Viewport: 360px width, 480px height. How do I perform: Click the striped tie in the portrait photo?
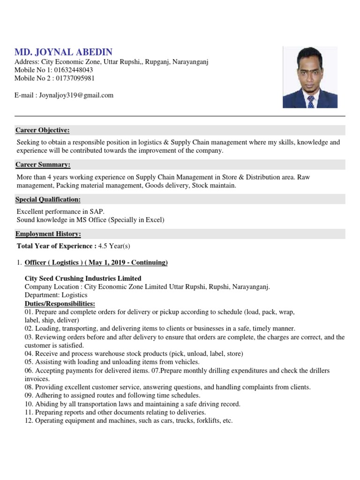pos(310,102)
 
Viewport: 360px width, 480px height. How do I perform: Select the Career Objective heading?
pos(43,130)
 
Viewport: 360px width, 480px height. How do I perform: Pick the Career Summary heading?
pos(43,165)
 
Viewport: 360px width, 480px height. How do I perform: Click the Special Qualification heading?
pos(48,199)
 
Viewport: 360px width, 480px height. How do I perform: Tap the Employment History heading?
pos(48,233)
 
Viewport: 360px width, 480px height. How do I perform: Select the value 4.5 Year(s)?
pos(115,246)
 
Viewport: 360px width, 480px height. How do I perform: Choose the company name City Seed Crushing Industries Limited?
pos(83,278)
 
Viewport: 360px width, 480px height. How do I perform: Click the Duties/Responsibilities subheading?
pos(60,304)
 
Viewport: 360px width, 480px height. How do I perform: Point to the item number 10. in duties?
pos(29,404)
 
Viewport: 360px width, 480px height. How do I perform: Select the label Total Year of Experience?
pos(56,246)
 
